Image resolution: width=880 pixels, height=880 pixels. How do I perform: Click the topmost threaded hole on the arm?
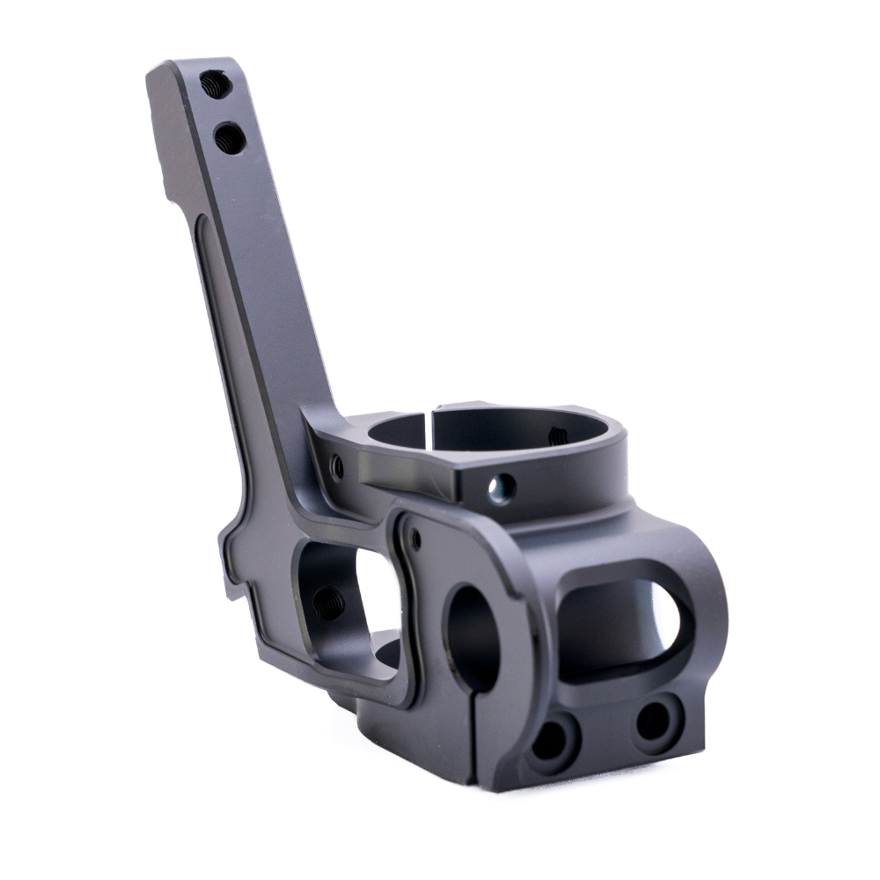click(x=214, y=84)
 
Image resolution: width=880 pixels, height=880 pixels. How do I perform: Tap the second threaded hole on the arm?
click(x=230, y=137)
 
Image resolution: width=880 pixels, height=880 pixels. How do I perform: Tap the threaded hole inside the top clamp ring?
click(x=557, y=434)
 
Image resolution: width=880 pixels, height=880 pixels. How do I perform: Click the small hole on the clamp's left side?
click(x=337, y=466)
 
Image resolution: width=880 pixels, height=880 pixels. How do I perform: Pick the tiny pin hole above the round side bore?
click(x=414, y=534)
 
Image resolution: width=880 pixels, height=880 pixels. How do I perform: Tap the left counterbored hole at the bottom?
click(x=551, y=742)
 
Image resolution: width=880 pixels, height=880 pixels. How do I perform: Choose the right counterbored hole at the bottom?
click(x=655, y=720)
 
